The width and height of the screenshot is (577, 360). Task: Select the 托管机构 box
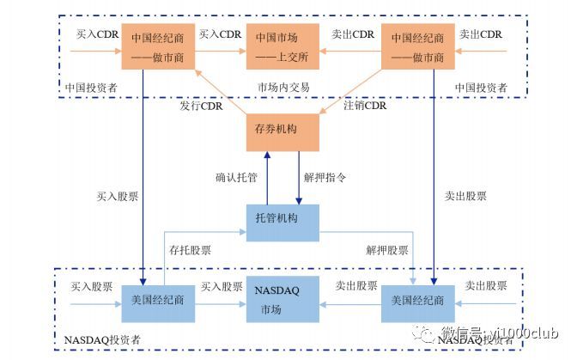pos(282,219)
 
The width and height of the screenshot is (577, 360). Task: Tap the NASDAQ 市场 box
pos(282,300)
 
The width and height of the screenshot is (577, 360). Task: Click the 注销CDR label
pos(365,107)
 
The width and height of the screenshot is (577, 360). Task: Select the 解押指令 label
pos(326,177)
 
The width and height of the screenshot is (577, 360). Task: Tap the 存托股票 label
pos(190,251)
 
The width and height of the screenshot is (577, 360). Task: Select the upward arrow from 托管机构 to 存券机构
pos(267,176)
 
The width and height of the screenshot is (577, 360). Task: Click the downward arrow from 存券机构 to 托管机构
pos(298,176)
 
